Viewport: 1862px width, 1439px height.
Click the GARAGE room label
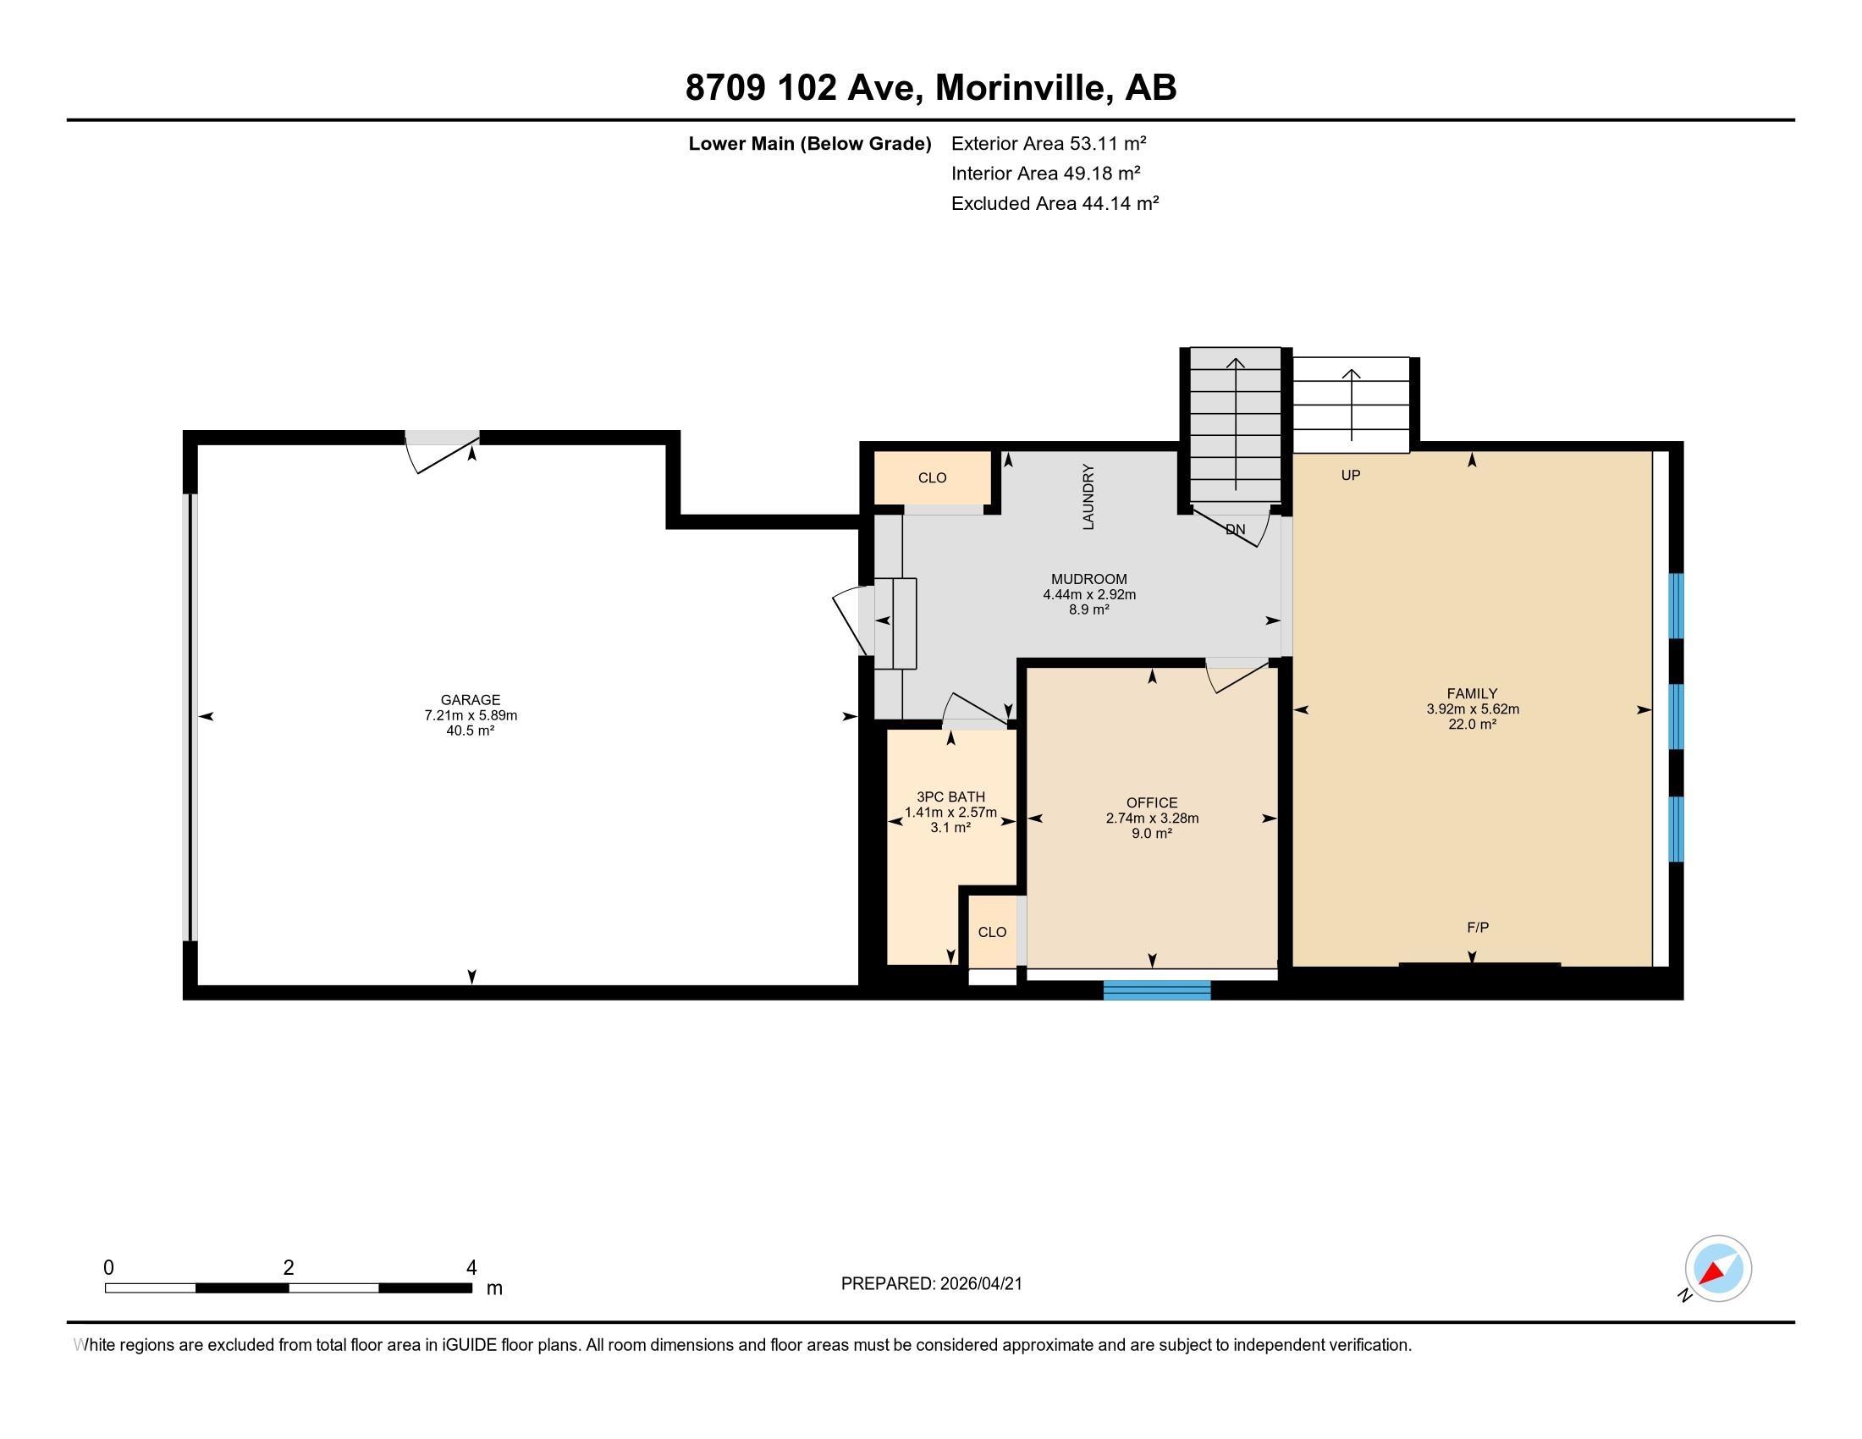[x=470, y=700]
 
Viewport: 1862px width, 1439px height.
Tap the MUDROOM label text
[x=1088, y=579]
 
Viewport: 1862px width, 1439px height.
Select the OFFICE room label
[x=1152, y=802]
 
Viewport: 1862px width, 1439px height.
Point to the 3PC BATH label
[x=950, y=797]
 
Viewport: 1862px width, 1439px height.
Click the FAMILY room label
[x=1472, y=693]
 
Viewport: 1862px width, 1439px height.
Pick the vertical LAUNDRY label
[x=1088, y=497]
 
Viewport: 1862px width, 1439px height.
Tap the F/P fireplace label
[x=1478, y=928]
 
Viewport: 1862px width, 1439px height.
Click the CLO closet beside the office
[x=993, y=932]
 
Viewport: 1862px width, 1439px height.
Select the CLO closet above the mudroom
[x=932, y=477]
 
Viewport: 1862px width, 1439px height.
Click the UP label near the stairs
[x=1351, y=475]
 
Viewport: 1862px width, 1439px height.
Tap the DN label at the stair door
[x=1235, y=529]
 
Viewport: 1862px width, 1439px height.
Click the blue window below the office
[x=1157, y=990]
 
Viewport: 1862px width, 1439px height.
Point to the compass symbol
[x=1718, y=1269]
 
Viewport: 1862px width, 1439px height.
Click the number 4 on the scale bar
[x=471, y=1268]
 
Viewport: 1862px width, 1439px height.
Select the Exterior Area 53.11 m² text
[x=1048, y=143]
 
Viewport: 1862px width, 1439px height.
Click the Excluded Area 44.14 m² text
[x=1055, y=203]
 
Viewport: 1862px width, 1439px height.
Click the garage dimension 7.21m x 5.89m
[x=471, y=715]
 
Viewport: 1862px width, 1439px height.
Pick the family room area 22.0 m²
[x=1473, y=724]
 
